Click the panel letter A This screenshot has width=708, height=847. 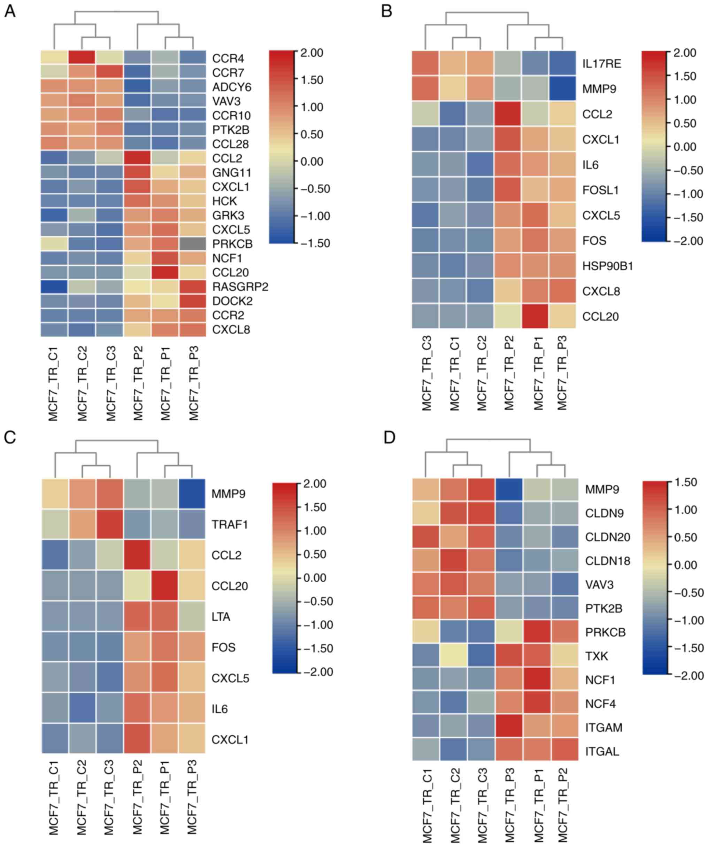coord(10,11)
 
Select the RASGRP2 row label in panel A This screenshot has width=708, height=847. coord(240,287)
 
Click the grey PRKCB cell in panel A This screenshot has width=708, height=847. coord(192,243)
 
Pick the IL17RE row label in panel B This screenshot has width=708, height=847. coord(601,64)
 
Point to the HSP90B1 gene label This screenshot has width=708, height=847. coord(608,266)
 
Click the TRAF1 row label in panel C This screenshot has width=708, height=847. coord(230,524)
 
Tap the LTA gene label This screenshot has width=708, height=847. coord(221,617)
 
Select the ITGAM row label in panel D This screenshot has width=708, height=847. coord(603,727)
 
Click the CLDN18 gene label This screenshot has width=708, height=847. coord(608,561)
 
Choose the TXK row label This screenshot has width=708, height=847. coord(596,656)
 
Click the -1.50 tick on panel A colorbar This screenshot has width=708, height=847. coord(315,243)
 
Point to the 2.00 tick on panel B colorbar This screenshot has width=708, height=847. coord(685,53)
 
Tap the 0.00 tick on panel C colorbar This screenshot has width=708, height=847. coord(315,577)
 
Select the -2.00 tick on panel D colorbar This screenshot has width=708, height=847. coord(688,675)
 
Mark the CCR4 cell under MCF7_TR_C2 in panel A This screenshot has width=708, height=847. coord(82,59)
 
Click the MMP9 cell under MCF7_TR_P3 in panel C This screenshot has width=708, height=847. coord(192,494)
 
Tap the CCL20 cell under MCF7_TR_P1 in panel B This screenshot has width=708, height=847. coord(535,317)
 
